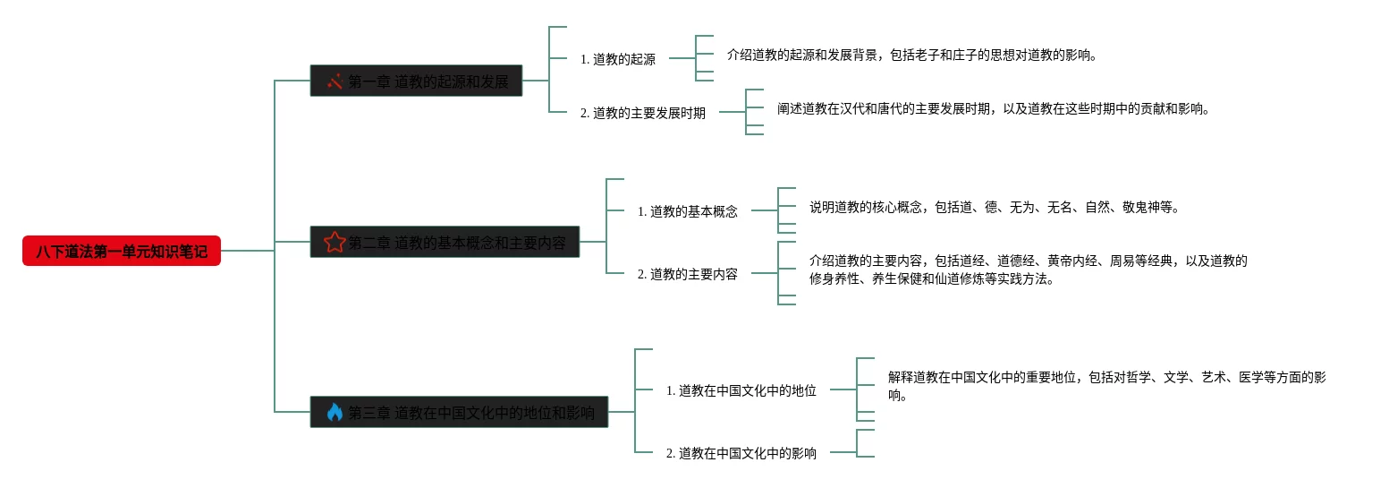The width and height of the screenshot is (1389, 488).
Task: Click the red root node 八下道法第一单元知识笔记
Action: pos(122,252)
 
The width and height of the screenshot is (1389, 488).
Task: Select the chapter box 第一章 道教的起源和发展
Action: pos(416,81)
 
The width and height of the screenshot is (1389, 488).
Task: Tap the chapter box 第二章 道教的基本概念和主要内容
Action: pos(445,242)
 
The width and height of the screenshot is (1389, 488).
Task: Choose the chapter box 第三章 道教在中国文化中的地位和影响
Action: pos(459,412)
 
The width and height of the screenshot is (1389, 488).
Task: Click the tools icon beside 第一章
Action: pos(335,81)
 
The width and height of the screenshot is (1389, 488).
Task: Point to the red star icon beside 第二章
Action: pos(335,242)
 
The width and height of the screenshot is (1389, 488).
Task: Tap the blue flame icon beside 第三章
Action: pos(335,412)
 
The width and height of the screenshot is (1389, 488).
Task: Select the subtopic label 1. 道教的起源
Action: pos(618,59)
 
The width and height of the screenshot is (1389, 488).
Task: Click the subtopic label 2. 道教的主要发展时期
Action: pos(643,113)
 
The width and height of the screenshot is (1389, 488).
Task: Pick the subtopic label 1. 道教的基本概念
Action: pos(688,211)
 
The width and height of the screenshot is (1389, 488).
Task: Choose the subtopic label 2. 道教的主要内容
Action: pos(688,274)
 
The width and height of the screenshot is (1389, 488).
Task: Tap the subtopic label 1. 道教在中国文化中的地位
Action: pos(741,390)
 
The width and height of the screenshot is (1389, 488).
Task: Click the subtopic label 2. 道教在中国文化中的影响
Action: pos(741,453)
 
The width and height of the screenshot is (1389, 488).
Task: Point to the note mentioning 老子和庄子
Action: pos(911,55)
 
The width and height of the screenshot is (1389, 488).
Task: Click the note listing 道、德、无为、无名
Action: pos(994,207)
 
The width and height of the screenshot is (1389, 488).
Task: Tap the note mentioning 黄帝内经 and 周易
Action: pos(1028,270)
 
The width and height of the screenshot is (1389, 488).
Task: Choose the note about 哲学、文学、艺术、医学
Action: pos(1106,386)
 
